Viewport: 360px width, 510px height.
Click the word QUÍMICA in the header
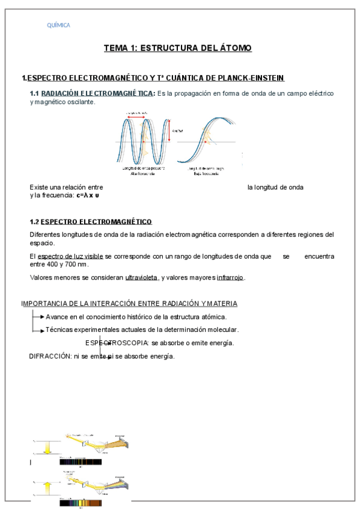(58, 25)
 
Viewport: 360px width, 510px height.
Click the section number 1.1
(34, 94)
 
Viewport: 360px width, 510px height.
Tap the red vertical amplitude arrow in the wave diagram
(169, 131)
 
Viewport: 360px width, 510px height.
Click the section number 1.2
(34, 221)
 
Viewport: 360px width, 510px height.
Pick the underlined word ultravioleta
(141, 277)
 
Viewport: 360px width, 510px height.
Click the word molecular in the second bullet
(222, 330)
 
